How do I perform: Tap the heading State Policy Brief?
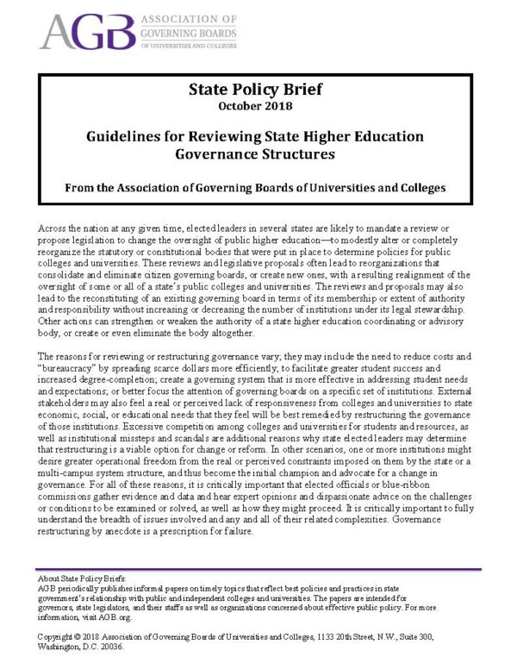(258, 89)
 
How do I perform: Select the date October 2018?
(258, 107)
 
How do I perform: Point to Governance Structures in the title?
(258, 155)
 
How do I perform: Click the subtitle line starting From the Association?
(258, 187)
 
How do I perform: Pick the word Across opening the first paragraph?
(53, 225)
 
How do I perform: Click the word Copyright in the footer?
(59, 635)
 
